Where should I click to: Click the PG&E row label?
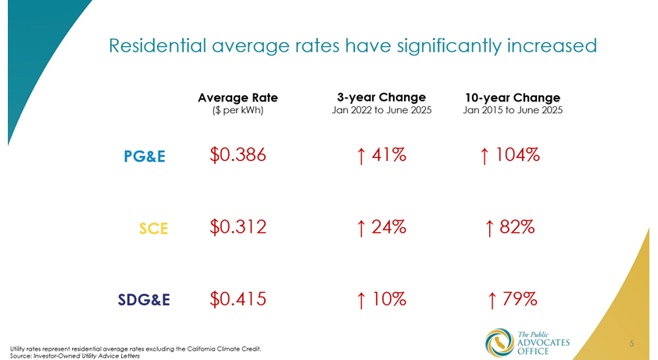pos(145,156)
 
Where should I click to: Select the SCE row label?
pos(154,228)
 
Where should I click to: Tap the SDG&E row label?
pos(144,299)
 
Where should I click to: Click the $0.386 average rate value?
pos(238,155)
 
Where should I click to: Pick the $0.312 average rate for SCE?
pos(238,227)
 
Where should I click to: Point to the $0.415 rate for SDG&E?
pos(238,298)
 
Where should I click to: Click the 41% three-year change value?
pos(381,155)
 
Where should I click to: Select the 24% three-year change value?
pos(381,227)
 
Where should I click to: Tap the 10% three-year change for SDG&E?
pos(381,298)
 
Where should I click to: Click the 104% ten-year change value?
pos(511,155)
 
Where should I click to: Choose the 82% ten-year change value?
pos(510,227)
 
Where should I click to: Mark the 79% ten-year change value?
pos(511,298)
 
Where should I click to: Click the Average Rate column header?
pos(238,98)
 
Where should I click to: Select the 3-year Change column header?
pos(381,97)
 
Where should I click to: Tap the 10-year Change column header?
pos(513,98)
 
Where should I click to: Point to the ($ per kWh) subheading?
pos(238,111)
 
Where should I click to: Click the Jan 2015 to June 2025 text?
pos(513,111)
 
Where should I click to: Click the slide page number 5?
pos(631,343)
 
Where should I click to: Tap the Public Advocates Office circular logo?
pos(497,341)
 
